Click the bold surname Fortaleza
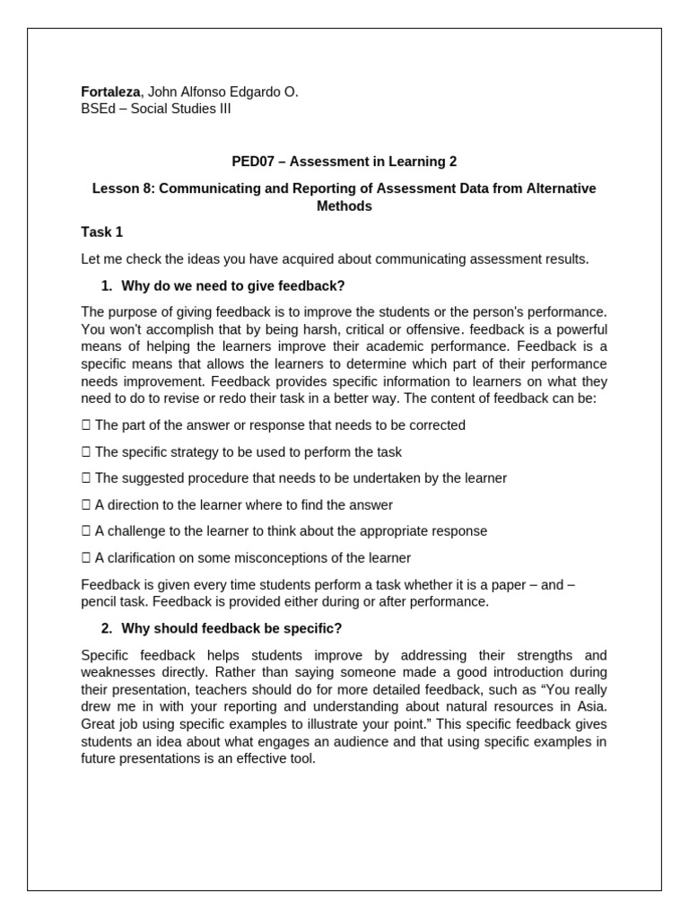(110, 92)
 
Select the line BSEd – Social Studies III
(155, 109)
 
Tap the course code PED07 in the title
(251, 162)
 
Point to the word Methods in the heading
(344, 206)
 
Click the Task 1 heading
(101, 232)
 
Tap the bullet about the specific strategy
(248, 452)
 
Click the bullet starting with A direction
(243, 505)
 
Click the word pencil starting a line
(100, 601)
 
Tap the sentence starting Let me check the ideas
(335, 259)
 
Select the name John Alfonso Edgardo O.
(222, 92)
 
